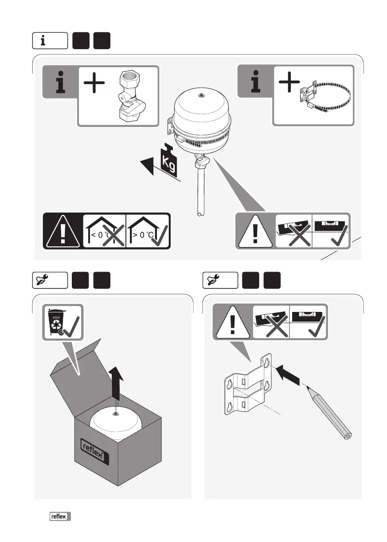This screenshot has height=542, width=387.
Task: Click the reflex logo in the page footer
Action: (60, 516)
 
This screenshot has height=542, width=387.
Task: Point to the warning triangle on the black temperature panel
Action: (63, 232)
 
